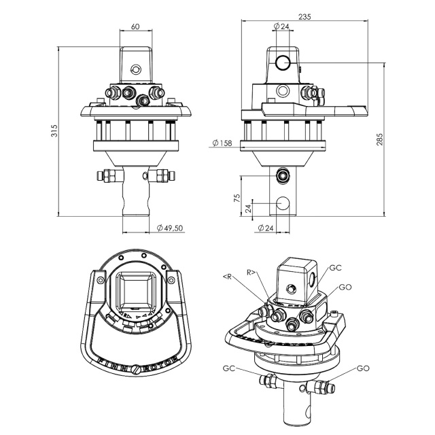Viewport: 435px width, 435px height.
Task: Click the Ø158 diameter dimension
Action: [x=222, y=143]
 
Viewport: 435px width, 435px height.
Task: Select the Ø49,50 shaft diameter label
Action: [x=169, y=228]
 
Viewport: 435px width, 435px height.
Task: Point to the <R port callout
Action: [x=227, y=277]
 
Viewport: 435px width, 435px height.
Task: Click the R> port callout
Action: [x=251, y=272]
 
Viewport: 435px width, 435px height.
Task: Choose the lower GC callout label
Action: [x=229, y=368]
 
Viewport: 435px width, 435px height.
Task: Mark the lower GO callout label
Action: [x=362, y=368]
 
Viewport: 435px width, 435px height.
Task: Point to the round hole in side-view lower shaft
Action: [x=283, y=203]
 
